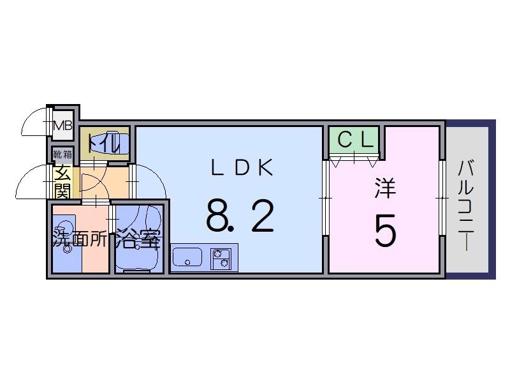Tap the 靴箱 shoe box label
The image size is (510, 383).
click(62, 154)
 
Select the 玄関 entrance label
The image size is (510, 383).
click(62, 181)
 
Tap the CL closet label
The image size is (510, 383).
click(354, 140)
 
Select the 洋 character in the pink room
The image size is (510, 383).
click(384, 188)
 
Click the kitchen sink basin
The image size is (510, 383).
click(187, 258)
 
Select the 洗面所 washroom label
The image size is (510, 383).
click(80, 239)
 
